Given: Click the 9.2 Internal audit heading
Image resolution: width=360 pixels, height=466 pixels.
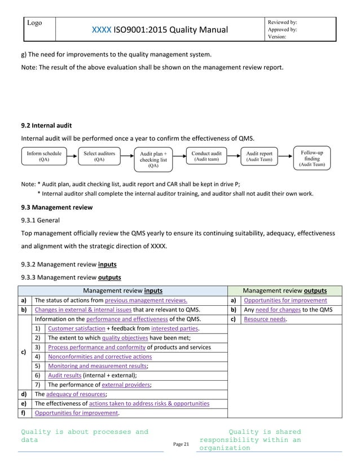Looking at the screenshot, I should tap(46, 125).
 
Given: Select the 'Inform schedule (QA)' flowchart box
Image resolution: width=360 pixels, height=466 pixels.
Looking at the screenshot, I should tap(44, 156).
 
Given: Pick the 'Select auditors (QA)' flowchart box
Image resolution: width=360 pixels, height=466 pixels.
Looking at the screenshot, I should tap(99, 156).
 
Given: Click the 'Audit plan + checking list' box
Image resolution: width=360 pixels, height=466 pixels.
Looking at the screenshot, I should tap(153, 160).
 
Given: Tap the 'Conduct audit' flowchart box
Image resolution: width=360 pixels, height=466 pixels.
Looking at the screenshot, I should tap(207, 156).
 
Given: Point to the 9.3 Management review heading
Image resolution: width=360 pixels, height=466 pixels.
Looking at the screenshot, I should tap(56, 208).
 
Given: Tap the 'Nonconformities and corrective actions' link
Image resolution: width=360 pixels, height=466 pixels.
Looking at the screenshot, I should tap(100, 357).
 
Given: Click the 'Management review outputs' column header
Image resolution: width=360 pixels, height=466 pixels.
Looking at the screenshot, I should tap(284, 291).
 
